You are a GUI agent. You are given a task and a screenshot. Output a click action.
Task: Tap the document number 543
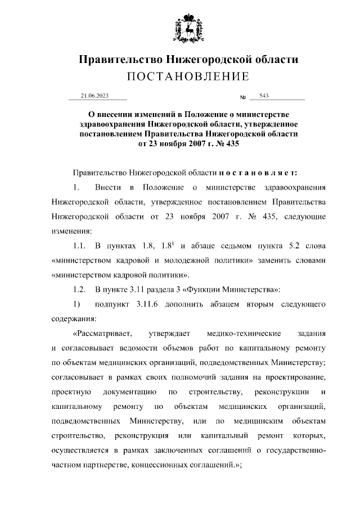(264, 96)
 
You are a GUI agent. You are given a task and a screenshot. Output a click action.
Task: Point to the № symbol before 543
(244, 98)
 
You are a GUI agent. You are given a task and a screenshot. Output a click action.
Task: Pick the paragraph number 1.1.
(79, 246)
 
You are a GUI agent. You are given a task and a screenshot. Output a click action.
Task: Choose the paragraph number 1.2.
(79, 290)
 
